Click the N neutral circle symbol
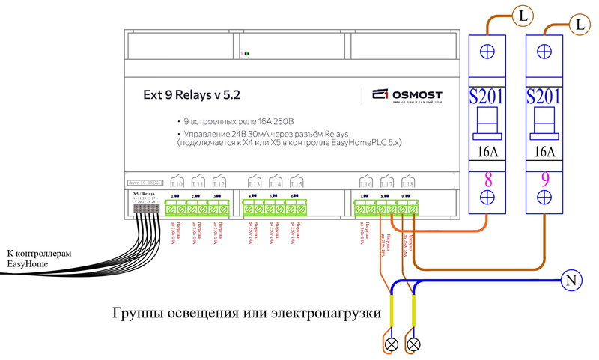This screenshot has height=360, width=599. point(571,281)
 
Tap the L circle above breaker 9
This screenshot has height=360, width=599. point(579,25)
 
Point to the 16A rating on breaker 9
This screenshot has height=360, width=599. point(545,153)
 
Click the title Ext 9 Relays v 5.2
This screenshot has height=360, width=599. point(192,95)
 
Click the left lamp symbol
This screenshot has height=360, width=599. point(391,345)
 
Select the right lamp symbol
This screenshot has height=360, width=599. point(412,345)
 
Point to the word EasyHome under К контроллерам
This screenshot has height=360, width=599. point(29,264)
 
